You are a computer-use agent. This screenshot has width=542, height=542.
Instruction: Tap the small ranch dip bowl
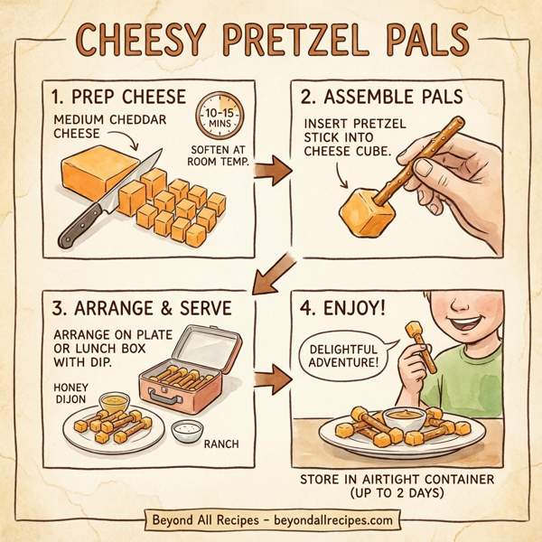coord(187,431)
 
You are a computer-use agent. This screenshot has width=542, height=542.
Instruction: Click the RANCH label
coord(222,444)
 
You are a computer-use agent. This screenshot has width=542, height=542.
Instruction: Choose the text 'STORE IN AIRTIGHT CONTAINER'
coord(396,478)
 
